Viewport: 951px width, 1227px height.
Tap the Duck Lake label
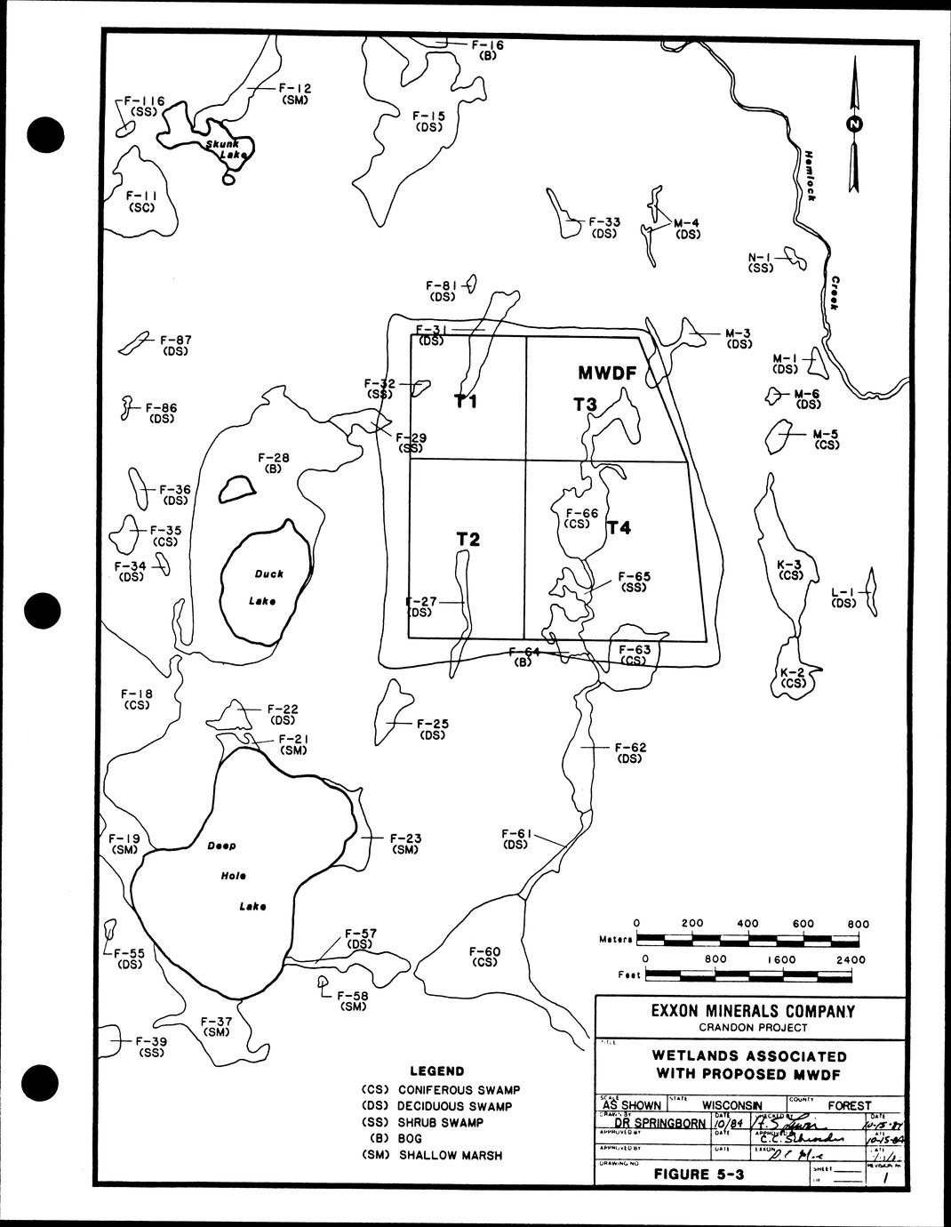263,587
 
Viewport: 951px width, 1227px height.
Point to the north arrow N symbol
853,124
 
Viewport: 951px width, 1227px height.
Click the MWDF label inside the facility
607,373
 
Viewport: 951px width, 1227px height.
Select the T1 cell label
467,402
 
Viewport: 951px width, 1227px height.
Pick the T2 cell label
468,539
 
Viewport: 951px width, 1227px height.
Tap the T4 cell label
619,528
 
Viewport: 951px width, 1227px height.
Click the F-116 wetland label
145,101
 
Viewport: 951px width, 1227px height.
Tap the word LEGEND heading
436,1071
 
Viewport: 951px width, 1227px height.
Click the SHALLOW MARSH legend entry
450,1155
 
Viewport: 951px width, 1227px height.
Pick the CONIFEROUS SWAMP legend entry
459,1089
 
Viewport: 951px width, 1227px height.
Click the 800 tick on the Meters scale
858,924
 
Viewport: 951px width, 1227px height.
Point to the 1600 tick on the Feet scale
782,960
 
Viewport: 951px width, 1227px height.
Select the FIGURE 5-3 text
699,1174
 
